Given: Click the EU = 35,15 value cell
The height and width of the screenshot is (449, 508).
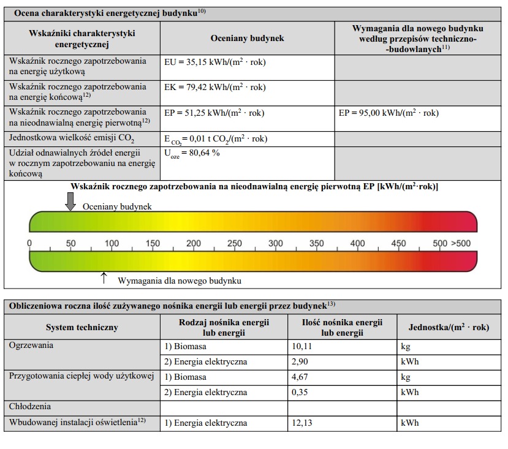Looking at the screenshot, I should pyautogui.click(x=215, y=62).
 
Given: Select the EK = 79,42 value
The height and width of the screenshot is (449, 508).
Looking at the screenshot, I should pyautogui.click(x=215, y=88).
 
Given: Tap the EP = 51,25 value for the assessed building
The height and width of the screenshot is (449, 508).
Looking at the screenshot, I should pyautogui.click(x=214, y=113).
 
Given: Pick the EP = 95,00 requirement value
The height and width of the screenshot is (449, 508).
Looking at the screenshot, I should pyautogui.click(x=389, y=113).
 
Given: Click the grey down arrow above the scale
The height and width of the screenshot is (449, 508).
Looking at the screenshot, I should pyautogui.click(x=70, y=201).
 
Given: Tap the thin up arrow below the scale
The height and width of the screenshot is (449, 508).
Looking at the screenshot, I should pyautogui.click(x=104, y=278).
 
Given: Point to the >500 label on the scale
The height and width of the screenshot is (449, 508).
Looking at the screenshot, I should pyautogui.click(x=461, y=243).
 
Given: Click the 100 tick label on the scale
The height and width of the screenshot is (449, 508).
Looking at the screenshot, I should pyautogui.click(x=112, y=243).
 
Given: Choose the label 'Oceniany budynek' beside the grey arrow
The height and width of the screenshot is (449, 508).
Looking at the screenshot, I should pyautogui.click(x=117, y=206).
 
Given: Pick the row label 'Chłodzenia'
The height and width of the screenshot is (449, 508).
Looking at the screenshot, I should pyautogui.click(x=30, y=406).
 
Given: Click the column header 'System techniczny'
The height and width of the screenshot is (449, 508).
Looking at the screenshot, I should pyautogui.click(x=82, y=327).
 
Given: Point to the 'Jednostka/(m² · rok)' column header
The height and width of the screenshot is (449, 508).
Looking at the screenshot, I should pyautogui.click(x=449, y=327).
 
